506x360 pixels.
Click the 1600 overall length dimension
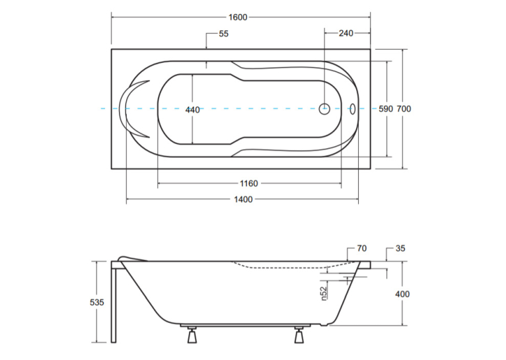coord(238,17)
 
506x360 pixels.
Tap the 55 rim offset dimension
coord(224,34)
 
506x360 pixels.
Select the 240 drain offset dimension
coord(346,33)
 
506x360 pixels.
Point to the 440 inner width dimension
coord(192,110)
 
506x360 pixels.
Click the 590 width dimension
coord(386,109)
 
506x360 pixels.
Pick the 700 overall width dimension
coord(404,109)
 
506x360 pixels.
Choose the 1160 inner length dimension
coord(249,184)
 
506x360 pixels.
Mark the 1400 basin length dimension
coord(243,199)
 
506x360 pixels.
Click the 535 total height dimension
coord(97,303)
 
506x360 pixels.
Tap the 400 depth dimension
coord(402,294)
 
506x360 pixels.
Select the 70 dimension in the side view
coord(362,248)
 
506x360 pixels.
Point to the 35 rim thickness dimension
coord(400,248)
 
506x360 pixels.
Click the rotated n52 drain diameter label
coord(324,293)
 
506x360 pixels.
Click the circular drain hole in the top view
coord(324,109)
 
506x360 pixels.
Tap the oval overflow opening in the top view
coord(352,109)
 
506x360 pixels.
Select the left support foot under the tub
coord(192,335)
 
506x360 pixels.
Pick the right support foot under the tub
coord(299,335)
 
